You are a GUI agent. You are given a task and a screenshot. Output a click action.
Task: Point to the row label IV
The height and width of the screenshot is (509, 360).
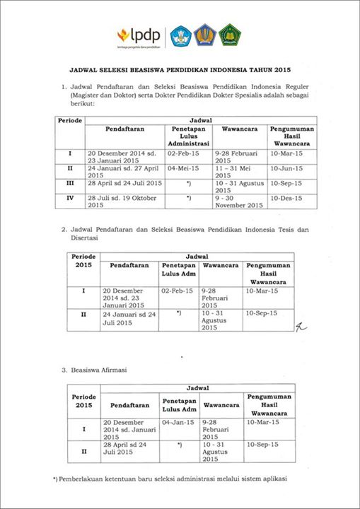click(x=69, y=198)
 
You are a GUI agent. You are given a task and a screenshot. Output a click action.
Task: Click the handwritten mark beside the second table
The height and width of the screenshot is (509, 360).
click(x=301, y=325)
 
